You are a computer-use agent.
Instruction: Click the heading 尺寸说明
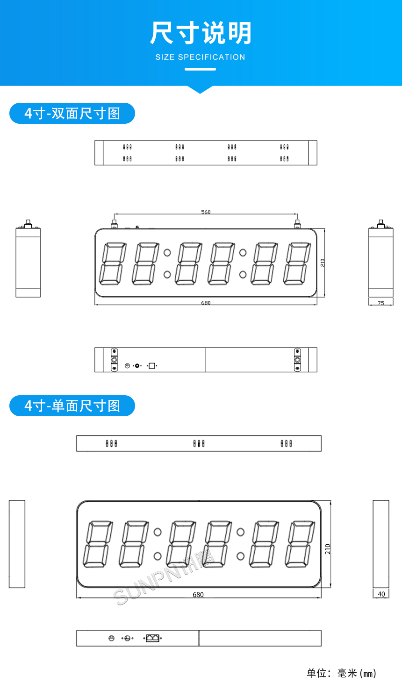(201, 33)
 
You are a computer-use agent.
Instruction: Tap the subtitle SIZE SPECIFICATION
(201, 57)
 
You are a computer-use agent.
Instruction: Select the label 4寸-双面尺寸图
(72, 114)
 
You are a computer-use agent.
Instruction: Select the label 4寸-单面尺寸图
(72, 406)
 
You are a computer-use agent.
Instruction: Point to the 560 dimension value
(206, 212)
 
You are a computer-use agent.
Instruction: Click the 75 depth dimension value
(381, 303)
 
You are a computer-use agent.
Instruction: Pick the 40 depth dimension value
(381, 594)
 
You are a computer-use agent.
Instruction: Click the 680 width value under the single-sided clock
(198, 595)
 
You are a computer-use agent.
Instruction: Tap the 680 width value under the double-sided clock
(206, 303)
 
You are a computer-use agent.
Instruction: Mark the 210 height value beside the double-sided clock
(323, 263)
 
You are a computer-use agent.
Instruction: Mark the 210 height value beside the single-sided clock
(328, 549)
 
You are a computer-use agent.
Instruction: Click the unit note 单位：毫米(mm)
(341, 673)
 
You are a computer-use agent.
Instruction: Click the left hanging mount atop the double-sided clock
(114, 223)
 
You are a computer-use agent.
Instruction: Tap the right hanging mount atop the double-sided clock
(297, 223)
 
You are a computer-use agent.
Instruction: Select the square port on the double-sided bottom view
(151, 366)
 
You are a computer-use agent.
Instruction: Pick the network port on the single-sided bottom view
(152, 638)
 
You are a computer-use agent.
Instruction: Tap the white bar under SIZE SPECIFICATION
(200, 69)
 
